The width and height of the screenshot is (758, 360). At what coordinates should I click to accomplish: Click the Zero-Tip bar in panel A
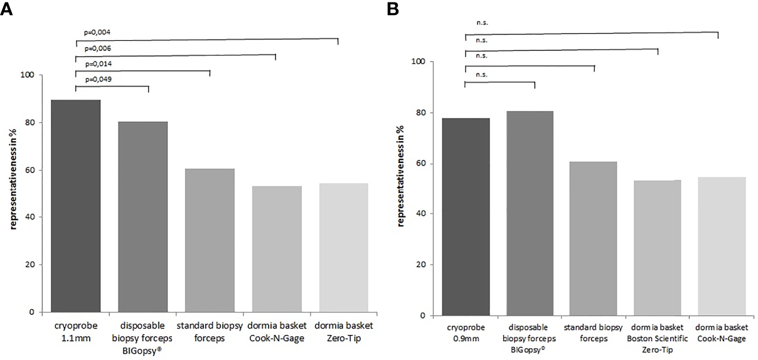click(x=343, y=248)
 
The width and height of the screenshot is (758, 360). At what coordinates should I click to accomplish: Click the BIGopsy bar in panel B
click(x=530, y=213)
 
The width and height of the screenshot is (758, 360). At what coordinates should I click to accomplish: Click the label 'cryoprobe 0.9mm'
click(x=466, y=333)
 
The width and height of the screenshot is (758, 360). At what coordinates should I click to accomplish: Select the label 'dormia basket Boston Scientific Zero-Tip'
click(x=658, y=339)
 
